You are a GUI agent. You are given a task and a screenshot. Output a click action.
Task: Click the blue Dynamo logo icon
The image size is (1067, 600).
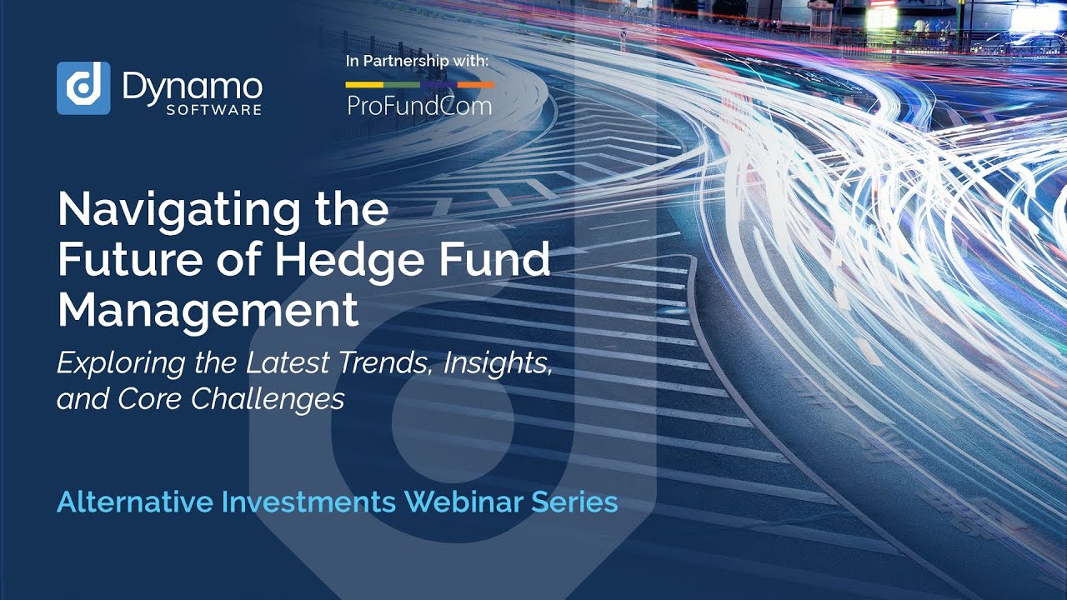click(x=83, y=87)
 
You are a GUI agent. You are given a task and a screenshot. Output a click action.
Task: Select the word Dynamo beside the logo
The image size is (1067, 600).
click(x=193, y=85)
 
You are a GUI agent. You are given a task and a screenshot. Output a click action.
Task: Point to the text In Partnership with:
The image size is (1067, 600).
click(x=417, y=62)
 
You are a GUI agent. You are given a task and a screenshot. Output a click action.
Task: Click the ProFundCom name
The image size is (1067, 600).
click(x=419, y=106)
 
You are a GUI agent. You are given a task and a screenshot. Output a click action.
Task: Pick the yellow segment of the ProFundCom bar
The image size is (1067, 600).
click(x=364, y=84)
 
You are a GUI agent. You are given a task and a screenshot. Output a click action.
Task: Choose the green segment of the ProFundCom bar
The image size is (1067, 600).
click(x=402, y=84)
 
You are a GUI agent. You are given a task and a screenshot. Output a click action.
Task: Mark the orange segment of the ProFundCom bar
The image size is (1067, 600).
click(x=476, y=84)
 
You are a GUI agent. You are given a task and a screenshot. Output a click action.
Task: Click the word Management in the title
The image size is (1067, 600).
click(x=208, y=310)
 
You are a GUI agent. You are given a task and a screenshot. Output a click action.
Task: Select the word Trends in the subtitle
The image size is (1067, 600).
click(x=385, y=363)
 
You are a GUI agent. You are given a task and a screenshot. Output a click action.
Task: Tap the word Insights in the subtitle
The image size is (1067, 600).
click(x=498, y=363)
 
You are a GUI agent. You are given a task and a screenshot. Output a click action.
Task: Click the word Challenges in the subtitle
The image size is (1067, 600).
click(x=268, y=398)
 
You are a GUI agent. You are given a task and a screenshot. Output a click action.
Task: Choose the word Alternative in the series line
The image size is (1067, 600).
click(x=135, y=502)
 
